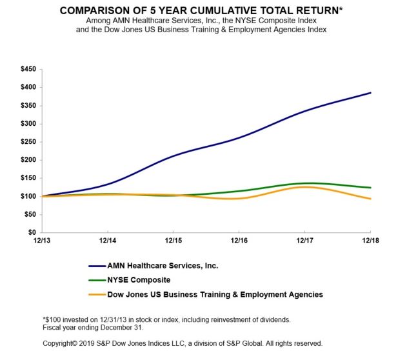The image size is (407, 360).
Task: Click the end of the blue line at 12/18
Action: [370, 93]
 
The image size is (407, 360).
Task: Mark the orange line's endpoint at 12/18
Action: [370, 199]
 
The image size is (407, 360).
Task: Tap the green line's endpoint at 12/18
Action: [370, 188]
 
